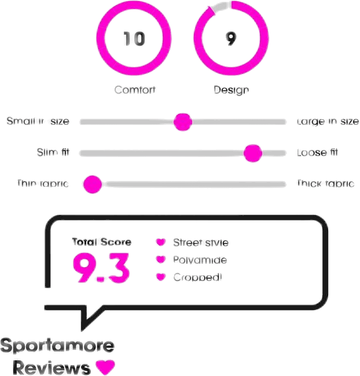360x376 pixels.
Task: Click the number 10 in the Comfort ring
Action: [x=134, y=39]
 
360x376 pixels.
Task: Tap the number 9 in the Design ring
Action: [x=231, y=39]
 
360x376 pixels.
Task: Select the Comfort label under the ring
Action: [x=135, y=90]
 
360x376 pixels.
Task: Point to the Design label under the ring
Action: [x=232, y=90]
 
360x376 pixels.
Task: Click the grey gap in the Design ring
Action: [x=219, y=8]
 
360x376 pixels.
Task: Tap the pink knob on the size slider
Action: [x=183, y=121]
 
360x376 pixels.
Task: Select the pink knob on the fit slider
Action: [x=253, y=153]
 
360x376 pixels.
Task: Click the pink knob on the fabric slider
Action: [x=92, y=185]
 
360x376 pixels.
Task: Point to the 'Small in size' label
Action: [x=38, y=121]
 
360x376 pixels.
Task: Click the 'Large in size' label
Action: [x=328, y=121]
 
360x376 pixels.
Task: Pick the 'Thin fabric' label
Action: [x=43, y=184]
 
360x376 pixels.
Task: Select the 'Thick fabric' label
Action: [x=325, y=184]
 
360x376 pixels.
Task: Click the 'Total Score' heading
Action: [x=101, y=242]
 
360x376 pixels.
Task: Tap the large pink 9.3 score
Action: [x=101, y=268]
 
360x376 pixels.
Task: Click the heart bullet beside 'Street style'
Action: [x=161, y=242]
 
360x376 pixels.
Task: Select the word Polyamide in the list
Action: [x=200, y=260]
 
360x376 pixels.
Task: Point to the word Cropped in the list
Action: [x=197, y=277]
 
